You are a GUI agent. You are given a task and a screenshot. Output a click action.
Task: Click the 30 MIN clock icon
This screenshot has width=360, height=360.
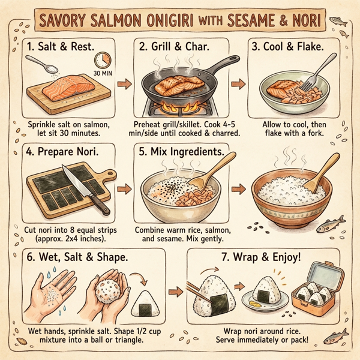[x=103, y=61]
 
